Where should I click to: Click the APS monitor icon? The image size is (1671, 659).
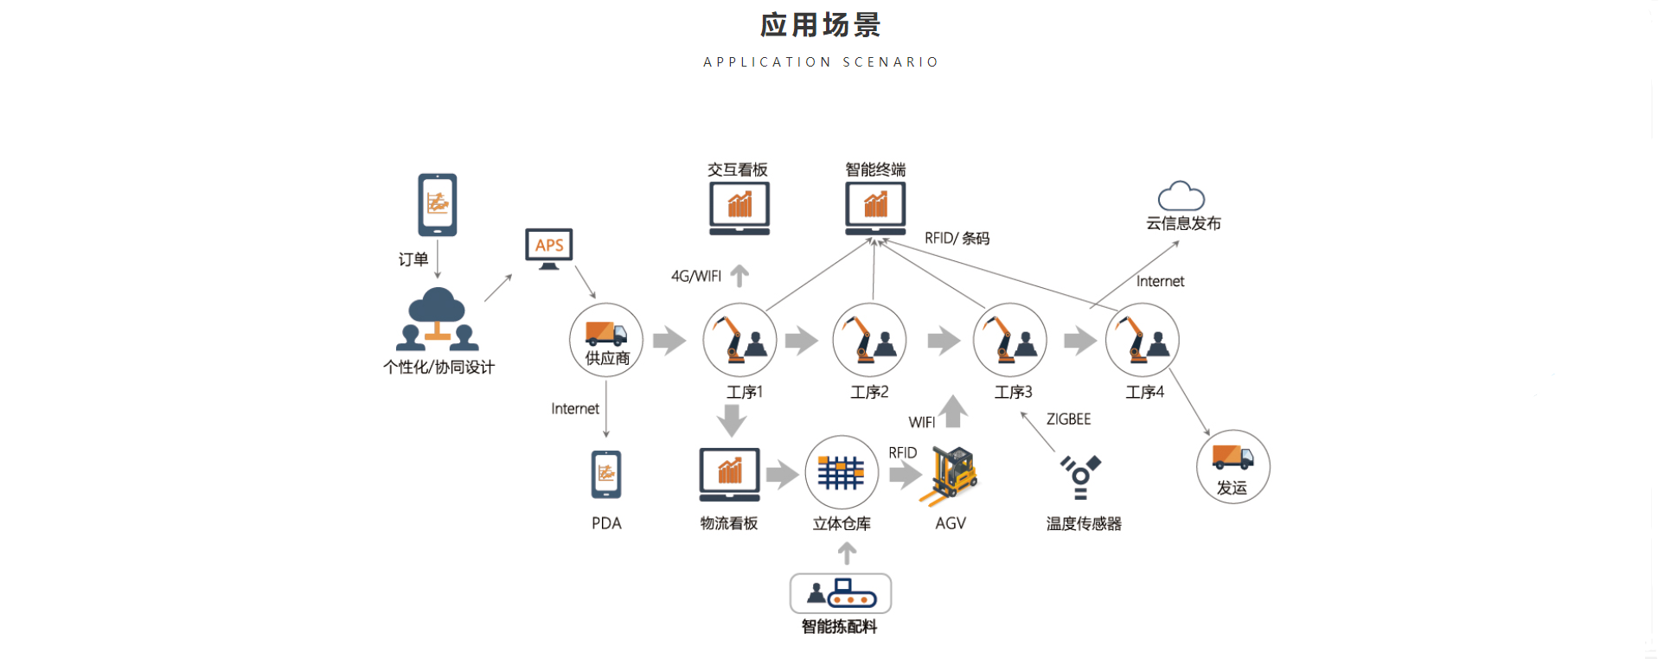(548, 248)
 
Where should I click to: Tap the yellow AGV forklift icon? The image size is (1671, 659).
(952, 475)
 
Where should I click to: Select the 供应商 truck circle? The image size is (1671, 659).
(606, 340)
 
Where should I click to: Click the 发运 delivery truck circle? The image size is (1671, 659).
(1232, 466)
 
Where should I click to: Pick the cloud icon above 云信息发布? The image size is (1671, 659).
(1181, 196)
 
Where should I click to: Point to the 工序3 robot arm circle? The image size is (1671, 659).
(1009, 340)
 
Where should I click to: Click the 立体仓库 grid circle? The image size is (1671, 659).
(841, 473)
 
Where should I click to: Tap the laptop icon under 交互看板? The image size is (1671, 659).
(739, 208)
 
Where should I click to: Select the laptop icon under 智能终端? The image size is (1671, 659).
(874, 208)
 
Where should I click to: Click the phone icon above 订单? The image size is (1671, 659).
(438, 205)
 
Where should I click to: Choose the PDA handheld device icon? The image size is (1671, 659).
(606, 475)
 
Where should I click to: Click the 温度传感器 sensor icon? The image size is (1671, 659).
(1080, 477)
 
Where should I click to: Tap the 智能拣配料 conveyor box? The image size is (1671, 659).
(840, 593)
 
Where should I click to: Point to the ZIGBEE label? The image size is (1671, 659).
(1068, 419)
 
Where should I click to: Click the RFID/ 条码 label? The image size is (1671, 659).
(957, 238)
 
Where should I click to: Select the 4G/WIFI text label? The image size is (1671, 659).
(695, 277)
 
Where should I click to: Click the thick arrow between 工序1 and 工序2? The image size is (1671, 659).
(802, 340)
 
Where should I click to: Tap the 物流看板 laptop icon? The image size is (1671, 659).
(729, 474)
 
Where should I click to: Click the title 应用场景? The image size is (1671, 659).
(820, 25)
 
